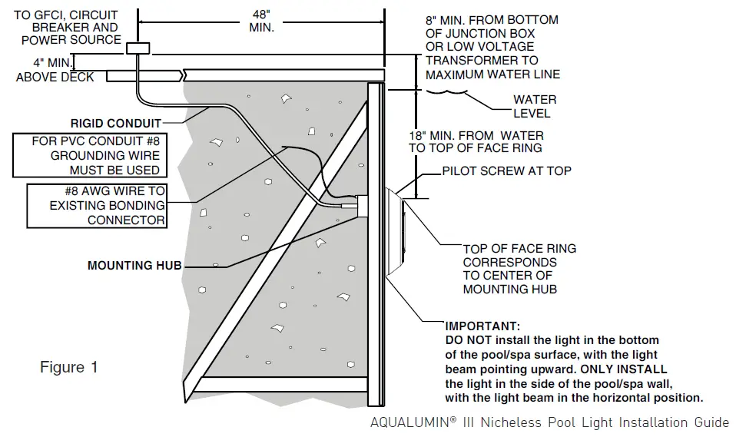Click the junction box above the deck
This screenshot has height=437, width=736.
[137, 48]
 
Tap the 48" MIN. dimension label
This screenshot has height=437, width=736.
[261, 19]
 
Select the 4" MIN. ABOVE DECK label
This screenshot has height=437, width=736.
[55, 70]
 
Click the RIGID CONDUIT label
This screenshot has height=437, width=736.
[116, 123]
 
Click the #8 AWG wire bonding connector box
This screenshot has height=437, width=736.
[96, 205]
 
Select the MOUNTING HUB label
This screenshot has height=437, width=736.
[134, 266]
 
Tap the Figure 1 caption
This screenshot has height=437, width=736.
[69, 367]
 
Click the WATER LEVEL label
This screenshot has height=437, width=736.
[534, 107]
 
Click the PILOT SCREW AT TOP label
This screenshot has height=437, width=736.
[506, 170]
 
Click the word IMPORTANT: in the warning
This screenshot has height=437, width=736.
[482, 326]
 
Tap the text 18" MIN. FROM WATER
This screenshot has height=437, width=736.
[476, 135]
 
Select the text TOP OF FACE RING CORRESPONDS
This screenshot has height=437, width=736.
[519, 255]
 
